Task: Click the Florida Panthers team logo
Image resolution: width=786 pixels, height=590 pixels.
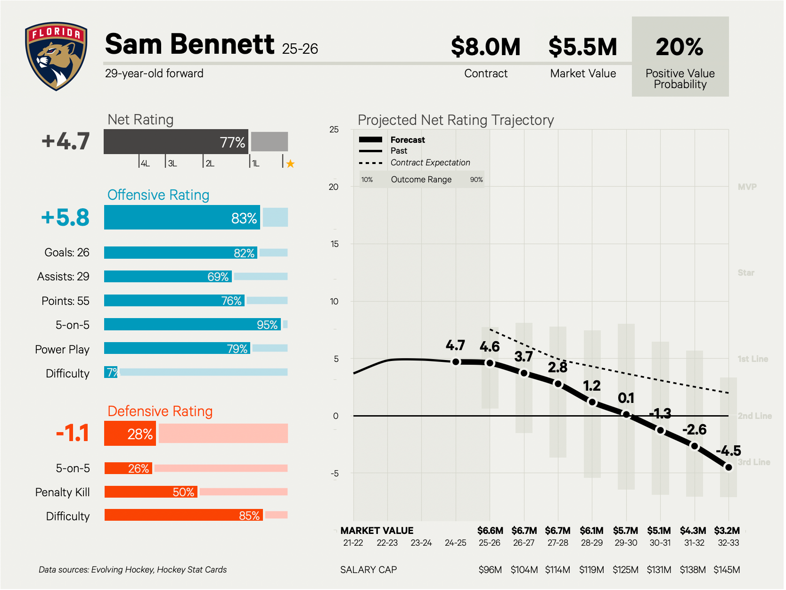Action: (x=56, y=56)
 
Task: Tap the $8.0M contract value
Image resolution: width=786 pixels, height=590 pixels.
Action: (x=485, y=47)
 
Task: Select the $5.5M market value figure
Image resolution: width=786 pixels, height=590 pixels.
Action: (x=582, y=47)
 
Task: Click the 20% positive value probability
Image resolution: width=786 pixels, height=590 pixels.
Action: (x=680, y=47)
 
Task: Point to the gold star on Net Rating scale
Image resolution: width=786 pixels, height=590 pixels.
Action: (x=290, y=164)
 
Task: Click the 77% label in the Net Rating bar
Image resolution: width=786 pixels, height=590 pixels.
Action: (x=232, y=142)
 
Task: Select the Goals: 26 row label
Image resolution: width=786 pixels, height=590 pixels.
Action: (x=66, y=253)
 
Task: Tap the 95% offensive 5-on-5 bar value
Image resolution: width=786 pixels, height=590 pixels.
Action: (x=267, y=325)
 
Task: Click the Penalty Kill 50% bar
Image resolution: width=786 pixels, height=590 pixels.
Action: (x=151, y=492)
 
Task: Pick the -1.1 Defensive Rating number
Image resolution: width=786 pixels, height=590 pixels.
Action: (x=73, y=433)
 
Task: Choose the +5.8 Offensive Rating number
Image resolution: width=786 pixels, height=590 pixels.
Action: (x=65, y=217)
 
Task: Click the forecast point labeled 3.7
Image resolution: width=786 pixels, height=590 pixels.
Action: (x=524, y=373)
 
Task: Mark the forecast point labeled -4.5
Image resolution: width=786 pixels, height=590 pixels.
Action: (x=729, y=467)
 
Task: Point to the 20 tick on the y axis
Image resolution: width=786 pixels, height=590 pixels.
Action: (x=334, y=187)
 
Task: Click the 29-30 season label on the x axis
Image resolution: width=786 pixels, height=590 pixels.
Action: (x=626, y=543)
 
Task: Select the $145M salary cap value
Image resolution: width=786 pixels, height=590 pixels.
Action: (x=727, y=570)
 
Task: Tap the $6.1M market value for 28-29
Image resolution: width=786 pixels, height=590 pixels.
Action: (x=591, y=531)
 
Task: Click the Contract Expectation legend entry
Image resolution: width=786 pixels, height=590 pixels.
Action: (x=430, y=163)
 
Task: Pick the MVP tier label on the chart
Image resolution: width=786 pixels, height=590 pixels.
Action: (x=747, y=187)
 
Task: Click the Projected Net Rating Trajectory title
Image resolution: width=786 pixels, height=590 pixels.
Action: (x=456, y=120)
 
